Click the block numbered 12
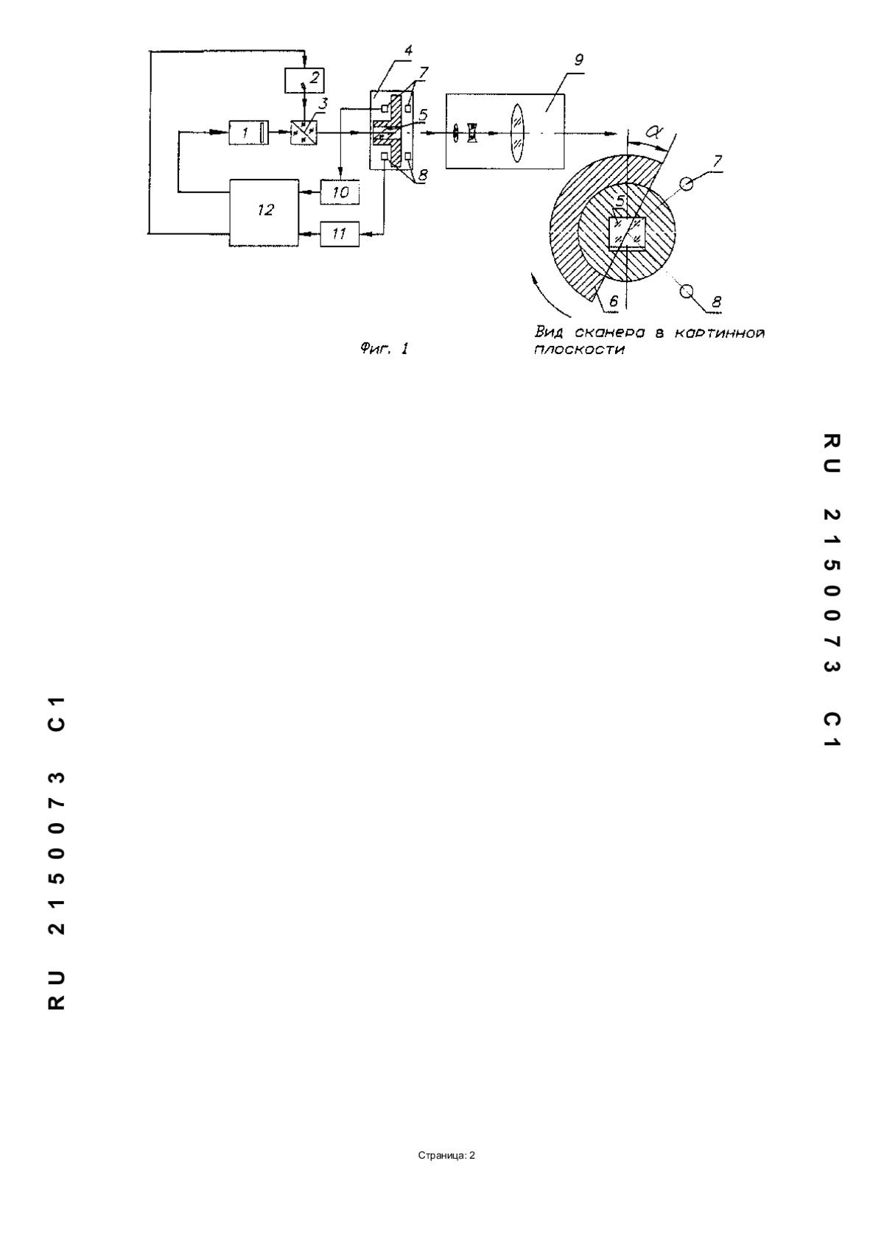click(x=264, y=213)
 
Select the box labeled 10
click(x=340, y=193)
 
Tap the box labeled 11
click(x=340, y=234)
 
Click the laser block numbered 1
click(x=249, y=133)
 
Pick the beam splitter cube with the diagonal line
click(x=304, y=133)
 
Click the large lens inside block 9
click(x=517, y=133)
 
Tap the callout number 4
click(x=409, y=49)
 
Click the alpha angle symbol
click(x=653, y=133)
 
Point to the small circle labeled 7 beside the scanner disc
click(x=687, y=183)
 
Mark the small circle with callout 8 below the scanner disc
click(x=687, y=291)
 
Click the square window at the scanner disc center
click(x=627, y=232)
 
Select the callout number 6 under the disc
click(x=613, y=301)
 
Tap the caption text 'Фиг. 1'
click(x=385, y=350)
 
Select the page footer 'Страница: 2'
click(x=446, y=1155)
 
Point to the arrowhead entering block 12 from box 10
click(x=303, y=193)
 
